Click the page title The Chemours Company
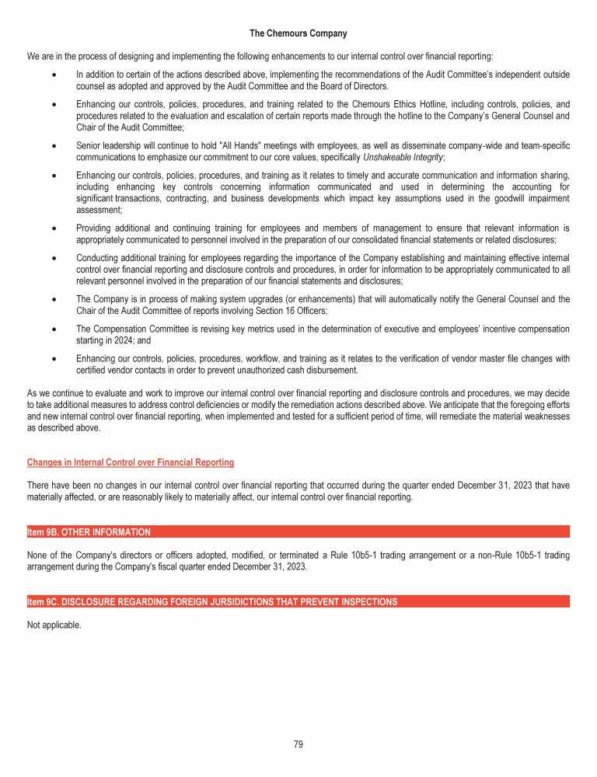pos(298,33)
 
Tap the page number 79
pos(298,744)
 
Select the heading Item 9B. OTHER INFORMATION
pos(89,532)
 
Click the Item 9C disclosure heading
pos(211,601)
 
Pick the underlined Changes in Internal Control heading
pos(130,462)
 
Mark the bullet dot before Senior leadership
pos(51,146)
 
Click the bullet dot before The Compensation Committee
pos(51,329)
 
